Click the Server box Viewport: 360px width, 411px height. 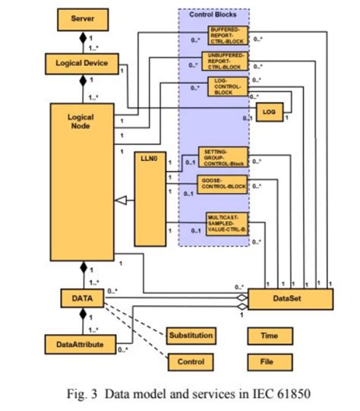pos(83,18)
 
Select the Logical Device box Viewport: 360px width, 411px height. pos(83,65)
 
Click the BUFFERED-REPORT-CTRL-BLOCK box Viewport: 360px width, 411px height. pos(226,35)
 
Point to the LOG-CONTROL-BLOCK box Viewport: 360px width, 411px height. pos(226,88)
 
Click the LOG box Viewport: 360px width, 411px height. pos(269,112)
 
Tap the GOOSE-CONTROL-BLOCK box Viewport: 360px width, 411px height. pos(224,183)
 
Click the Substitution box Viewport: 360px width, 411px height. pos(191,335)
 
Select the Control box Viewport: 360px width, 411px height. pos(191,362)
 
